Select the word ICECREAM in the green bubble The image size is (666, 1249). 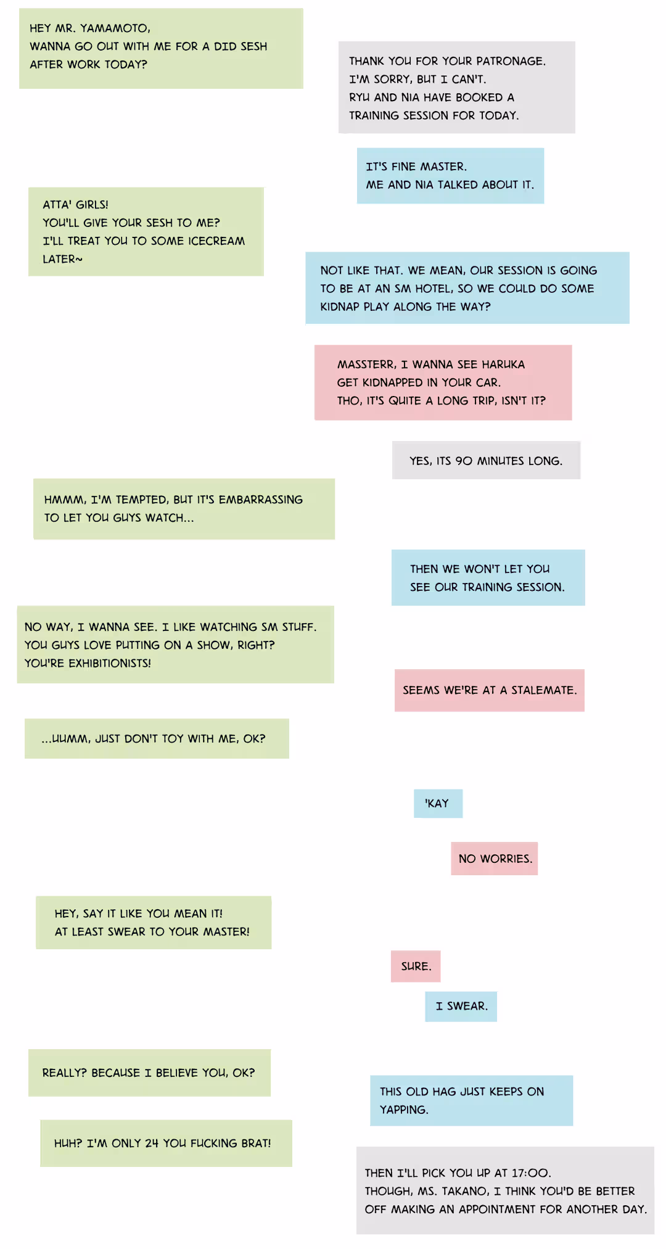pyautogui.click(x=216, y=241)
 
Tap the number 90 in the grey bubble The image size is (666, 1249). pyautogui.click(x=464, y=461)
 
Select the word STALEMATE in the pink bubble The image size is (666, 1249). pyautogui.click(x=543, y=690)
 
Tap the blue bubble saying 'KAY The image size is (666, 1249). pyautogui.click(x=438, y=804)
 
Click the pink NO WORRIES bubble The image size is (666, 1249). pyautogui.click(x=495, y=859)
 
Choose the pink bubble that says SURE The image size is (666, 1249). pyautogui.click(x=416, y=967)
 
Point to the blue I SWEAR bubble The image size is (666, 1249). pyautogui.click(x=461, y=1007)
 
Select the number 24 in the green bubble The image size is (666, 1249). pyautogui.click(x=152, y=1144)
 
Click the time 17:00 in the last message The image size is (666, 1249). pyautogui.click(x=532, y=1173)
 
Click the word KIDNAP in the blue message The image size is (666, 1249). pyautogui.click(x=340, y=307)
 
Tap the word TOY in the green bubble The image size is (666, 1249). pyautogui.click(x=173, y=739)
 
